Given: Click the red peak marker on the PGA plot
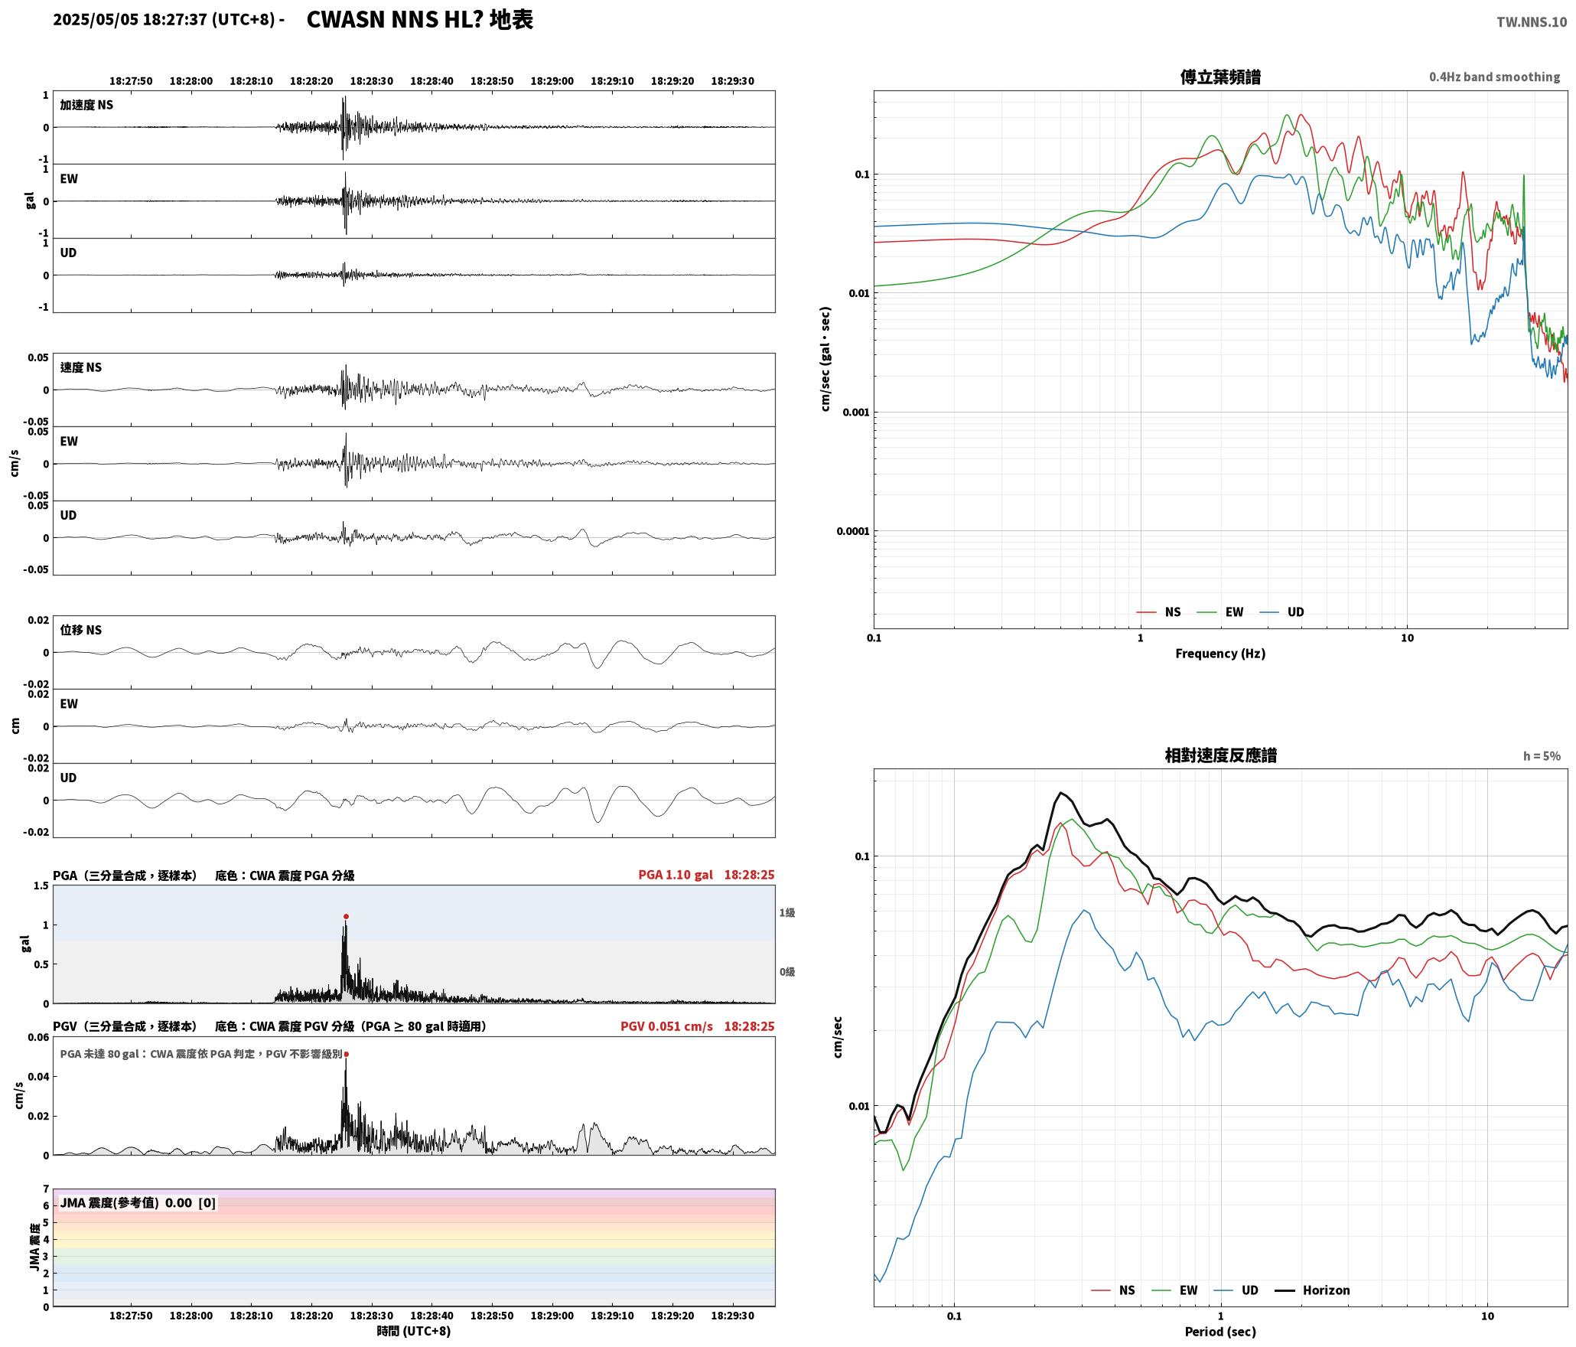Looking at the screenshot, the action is pos(346,916).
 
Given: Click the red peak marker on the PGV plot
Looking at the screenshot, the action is pos(346,1054).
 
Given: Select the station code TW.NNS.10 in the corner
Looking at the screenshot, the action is pos(1532,22).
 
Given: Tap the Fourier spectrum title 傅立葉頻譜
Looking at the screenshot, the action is pos(1220,77).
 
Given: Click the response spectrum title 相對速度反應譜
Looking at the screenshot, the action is pos(1220,755).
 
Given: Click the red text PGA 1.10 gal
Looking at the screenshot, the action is pos(676,875).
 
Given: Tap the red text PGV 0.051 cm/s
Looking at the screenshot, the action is pos(666,1026).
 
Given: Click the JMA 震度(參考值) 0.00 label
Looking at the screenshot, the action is pos(138,1202).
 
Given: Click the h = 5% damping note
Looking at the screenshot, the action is pos(1542,756).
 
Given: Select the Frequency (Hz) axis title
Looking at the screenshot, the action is pos(1220,654).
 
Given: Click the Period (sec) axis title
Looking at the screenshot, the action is pos(1220,1332).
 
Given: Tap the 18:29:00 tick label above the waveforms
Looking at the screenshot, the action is pos(552,81).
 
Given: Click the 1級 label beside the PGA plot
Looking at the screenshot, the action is pos(787,912).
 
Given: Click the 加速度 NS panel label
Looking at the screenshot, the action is pos(86,105).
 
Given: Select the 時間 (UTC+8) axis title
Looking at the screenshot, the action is pos(413,1331).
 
